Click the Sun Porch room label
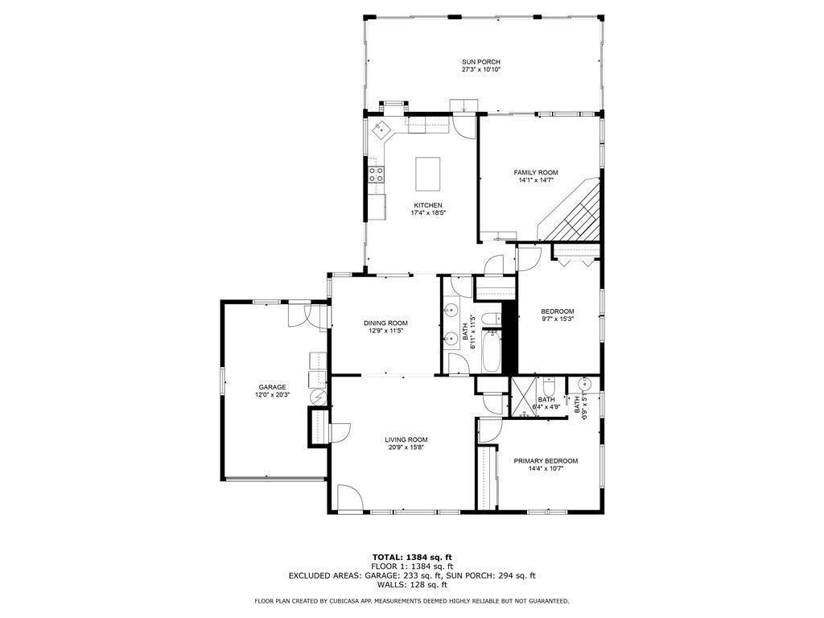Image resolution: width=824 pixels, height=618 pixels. point(481,61)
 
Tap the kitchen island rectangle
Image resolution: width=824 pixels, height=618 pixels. point(428,174)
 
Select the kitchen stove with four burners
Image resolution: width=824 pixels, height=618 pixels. point(377,175)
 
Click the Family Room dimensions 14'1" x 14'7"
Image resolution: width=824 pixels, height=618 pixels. point(536,179)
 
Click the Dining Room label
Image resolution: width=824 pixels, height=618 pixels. point(385,323)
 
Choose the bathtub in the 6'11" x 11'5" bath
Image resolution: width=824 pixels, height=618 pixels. point(492,351)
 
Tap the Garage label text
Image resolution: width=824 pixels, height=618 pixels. point(272,387)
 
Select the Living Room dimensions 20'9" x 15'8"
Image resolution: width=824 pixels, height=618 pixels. point(406,447)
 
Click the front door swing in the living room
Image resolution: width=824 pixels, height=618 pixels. point(349,497)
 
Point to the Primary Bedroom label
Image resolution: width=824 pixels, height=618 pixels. point(546,461)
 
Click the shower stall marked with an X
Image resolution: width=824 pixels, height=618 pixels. point(525,397)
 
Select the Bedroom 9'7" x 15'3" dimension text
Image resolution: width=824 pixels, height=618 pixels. point(558,319)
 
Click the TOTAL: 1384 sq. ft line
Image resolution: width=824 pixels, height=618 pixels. point(412,557)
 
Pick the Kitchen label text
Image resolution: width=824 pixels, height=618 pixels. point(428,205)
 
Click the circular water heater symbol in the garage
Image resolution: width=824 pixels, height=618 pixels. point(319,397)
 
